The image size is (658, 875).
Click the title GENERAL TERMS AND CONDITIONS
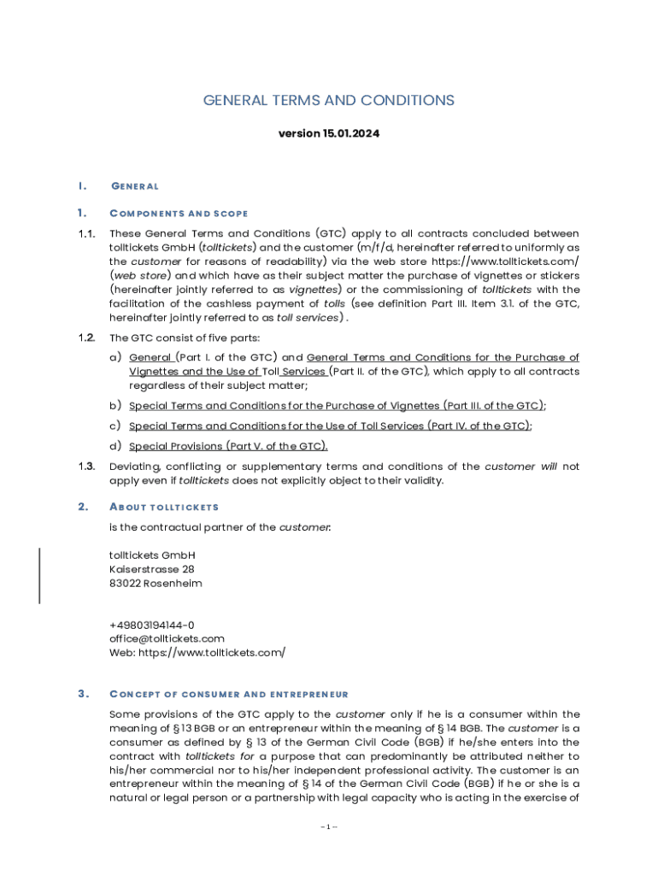pyautogui.click(x=328, y=101)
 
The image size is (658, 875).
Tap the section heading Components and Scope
pyautogui.click(x=179, y=213)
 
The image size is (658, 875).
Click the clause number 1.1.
pyautogui.click(x=85, y=234)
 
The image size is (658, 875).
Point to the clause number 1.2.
pyautogui.click(x=85, y=338)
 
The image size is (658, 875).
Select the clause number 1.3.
pyautogui.click(x=85, y=467)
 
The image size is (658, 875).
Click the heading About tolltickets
pyautogui.click(x=164, y=508)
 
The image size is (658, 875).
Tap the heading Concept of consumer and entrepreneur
pyautogui.click(x=228, y=694)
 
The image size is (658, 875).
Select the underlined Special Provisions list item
pyautogui.click(x=228, y=446)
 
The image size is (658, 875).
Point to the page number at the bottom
pyautogui.click(x=329, y=827)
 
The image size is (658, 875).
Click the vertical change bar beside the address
pyautogui.click(x=39, y=576)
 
